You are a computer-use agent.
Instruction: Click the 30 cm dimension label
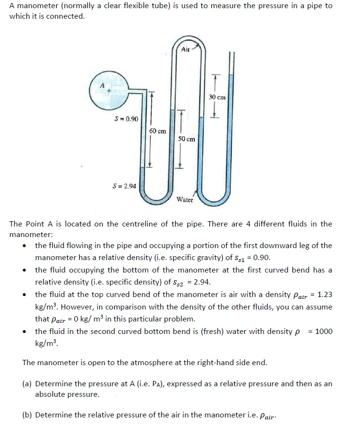[217, 97]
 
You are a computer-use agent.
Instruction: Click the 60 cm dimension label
[157, 131]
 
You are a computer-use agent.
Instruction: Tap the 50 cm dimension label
[186, 139]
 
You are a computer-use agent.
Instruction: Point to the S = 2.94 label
[124, 186]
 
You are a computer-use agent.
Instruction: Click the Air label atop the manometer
[185, 49]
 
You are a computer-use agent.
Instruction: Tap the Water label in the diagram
[185, 200]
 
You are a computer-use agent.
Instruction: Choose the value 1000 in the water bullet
[324, 332]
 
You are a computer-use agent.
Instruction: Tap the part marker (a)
[27, 384]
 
